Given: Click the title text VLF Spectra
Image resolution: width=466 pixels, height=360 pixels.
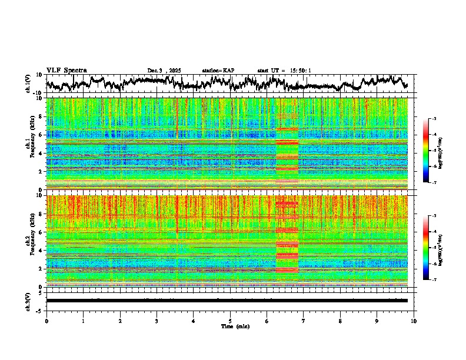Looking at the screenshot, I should click(66, 70).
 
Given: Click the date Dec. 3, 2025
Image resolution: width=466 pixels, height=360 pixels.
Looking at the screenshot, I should click(164, 71).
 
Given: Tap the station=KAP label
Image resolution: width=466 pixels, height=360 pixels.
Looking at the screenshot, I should click(218, 71).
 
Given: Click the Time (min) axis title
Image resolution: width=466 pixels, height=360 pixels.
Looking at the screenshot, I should click(235, 326).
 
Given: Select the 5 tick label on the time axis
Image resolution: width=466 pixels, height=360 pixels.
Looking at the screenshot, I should click(230, 321).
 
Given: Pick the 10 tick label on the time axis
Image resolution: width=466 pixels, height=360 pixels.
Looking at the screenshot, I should click(414, 321).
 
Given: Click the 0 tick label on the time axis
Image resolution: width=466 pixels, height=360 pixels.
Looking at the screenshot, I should click(46, 321).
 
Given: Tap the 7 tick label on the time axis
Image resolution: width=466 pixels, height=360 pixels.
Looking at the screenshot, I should click(304, 321).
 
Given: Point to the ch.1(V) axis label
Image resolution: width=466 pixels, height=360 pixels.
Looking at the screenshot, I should click(29, 84).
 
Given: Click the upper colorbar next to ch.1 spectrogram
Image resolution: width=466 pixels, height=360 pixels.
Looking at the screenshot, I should click(433, 151).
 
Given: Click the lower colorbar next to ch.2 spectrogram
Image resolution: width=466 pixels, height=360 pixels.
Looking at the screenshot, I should click(433, 248).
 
